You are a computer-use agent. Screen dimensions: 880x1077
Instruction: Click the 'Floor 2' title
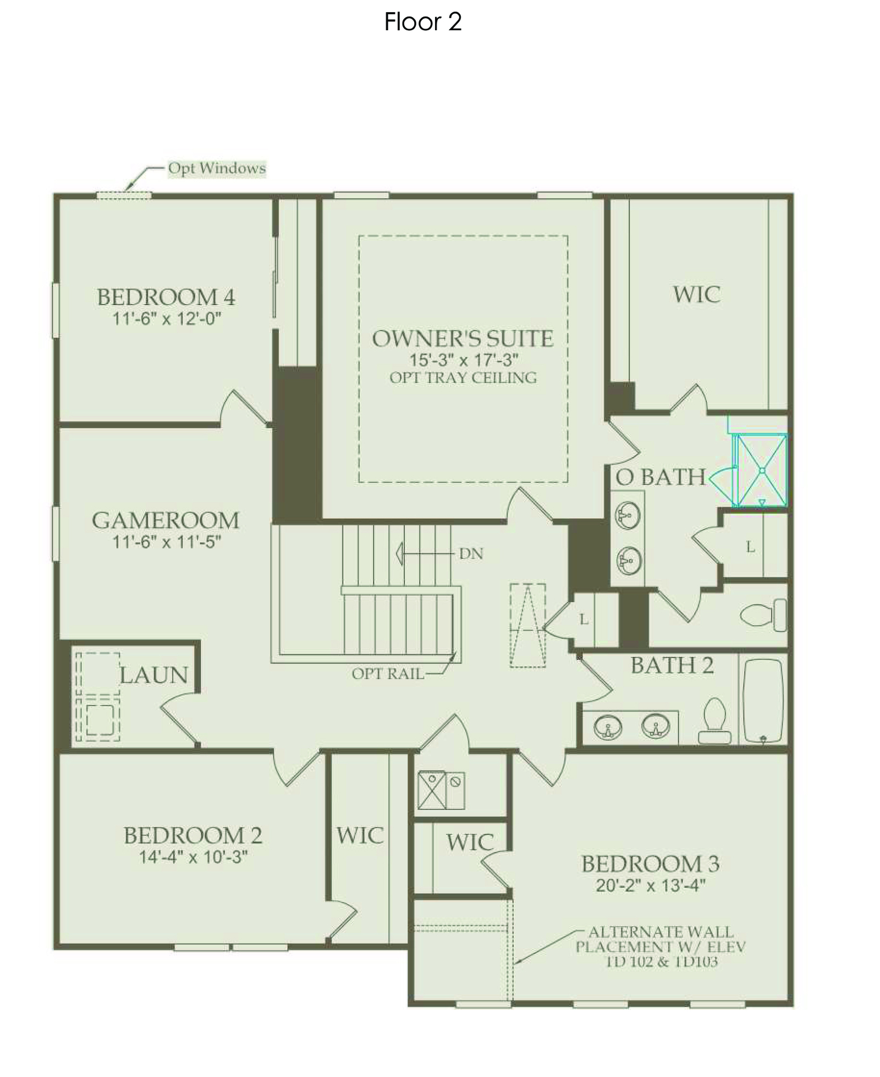pos(422,22)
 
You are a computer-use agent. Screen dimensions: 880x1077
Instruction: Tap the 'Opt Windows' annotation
pos(217,168)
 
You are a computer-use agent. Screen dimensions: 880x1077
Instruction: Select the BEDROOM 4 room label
pos(166,297)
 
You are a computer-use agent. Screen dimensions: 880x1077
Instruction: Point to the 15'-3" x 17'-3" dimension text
pos(463,360)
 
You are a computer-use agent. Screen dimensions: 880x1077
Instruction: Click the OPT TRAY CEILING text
pos(463,378)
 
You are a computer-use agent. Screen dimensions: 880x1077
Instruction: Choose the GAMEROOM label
pos(166,520)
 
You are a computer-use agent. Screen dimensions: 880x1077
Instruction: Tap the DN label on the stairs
pos(471,553)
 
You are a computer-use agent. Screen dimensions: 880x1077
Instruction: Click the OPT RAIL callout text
pos(388,674)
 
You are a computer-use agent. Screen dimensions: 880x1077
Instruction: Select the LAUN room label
pos(154,675)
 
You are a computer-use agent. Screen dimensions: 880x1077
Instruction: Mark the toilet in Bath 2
pos(714,721)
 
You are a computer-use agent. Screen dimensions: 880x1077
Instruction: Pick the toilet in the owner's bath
pos(763,615)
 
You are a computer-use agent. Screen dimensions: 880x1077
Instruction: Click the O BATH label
pos(660,477)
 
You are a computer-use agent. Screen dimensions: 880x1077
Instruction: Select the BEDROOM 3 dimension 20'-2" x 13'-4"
pos(651,886)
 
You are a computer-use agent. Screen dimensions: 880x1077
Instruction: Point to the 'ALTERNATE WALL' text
pos(661,932)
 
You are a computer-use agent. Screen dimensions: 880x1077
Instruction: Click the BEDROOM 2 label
pos(193,836)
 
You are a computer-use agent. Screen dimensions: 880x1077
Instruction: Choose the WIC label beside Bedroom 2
pos(360,836)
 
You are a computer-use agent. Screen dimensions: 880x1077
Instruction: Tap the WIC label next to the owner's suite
pos(697,294)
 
